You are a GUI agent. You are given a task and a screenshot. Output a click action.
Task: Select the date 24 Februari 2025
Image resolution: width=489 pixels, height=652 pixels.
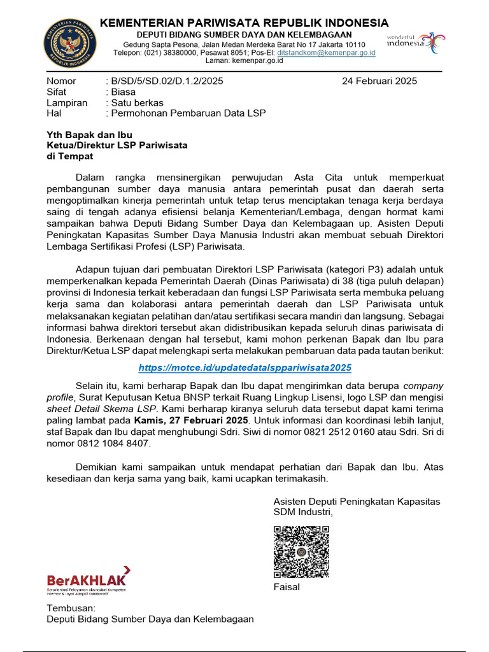click(379, 81)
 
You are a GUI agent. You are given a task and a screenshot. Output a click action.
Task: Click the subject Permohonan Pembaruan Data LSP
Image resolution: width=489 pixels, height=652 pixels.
click(188, 113)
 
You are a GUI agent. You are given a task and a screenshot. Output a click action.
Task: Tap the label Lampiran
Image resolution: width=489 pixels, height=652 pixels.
click(67, 103)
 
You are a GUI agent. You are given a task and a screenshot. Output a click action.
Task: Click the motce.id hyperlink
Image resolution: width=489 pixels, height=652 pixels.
click(245, 368)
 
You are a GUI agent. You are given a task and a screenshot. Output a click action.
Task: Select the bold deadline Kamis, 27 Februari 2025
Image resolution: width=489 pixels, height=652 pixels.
click(190, 420)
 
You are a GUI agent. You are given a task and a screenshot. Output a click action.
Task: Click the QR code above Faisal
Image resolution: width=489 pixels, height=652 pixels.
click(301, 551)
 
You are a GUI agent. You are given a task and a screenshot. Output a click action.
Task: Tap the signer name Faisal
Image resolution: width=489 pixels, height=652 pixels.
click(287, 586)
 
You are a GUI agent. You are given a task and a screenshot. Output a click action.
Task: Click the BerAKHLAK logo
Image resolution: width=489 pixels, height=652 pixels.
click(89, 579)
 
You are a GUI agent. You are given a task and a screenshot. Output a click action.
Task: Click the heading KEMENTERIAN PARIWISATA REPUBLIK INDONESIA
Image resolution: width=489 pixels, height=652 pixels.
click(243, 23)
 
